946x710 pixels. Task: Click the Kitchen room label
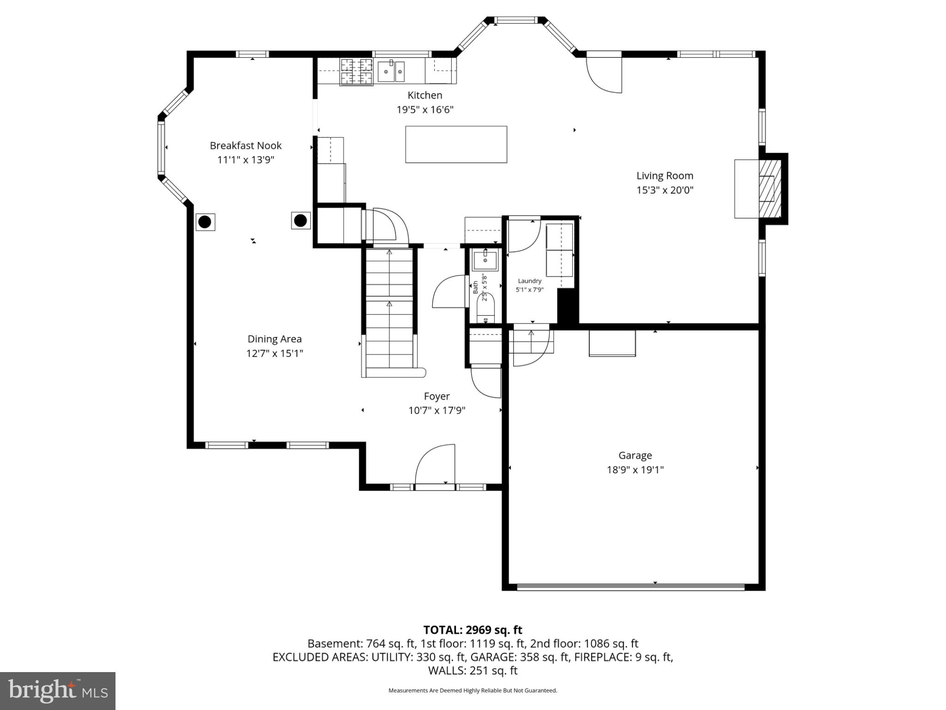tap(424, 95)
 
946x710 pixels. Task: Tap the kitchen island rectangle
tap(456, 144)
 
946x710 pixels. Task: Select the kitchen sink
tap(391, 72)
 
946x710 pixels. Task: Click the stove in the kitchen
tap(356, 72)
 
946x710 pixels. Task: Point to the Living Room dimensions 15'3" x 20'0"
tap(665, 190)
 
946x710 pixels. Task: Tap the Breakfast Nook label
tap(245, 146)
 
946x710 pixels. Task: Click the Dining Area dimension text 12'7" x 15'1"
tap(274, 354)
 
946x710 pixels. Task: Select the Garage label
tap(635, 455)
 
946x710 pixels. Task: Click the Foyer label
tap(437, 396)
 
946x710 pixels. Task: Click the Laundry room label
tap(529, 281)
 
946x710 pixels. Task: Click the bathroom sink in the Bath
tap(485, 261)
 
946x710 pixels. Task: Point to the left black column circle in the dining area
tap(205, 222)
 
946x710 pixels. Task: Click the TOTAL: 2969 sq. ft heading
tap(473, 630)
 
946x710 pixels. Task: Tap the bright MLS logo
tap(57, 691)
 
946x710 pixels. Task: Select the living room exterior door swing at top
tap(604, 74)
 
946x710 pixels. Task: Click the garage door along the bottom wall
tap(631, 587)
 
